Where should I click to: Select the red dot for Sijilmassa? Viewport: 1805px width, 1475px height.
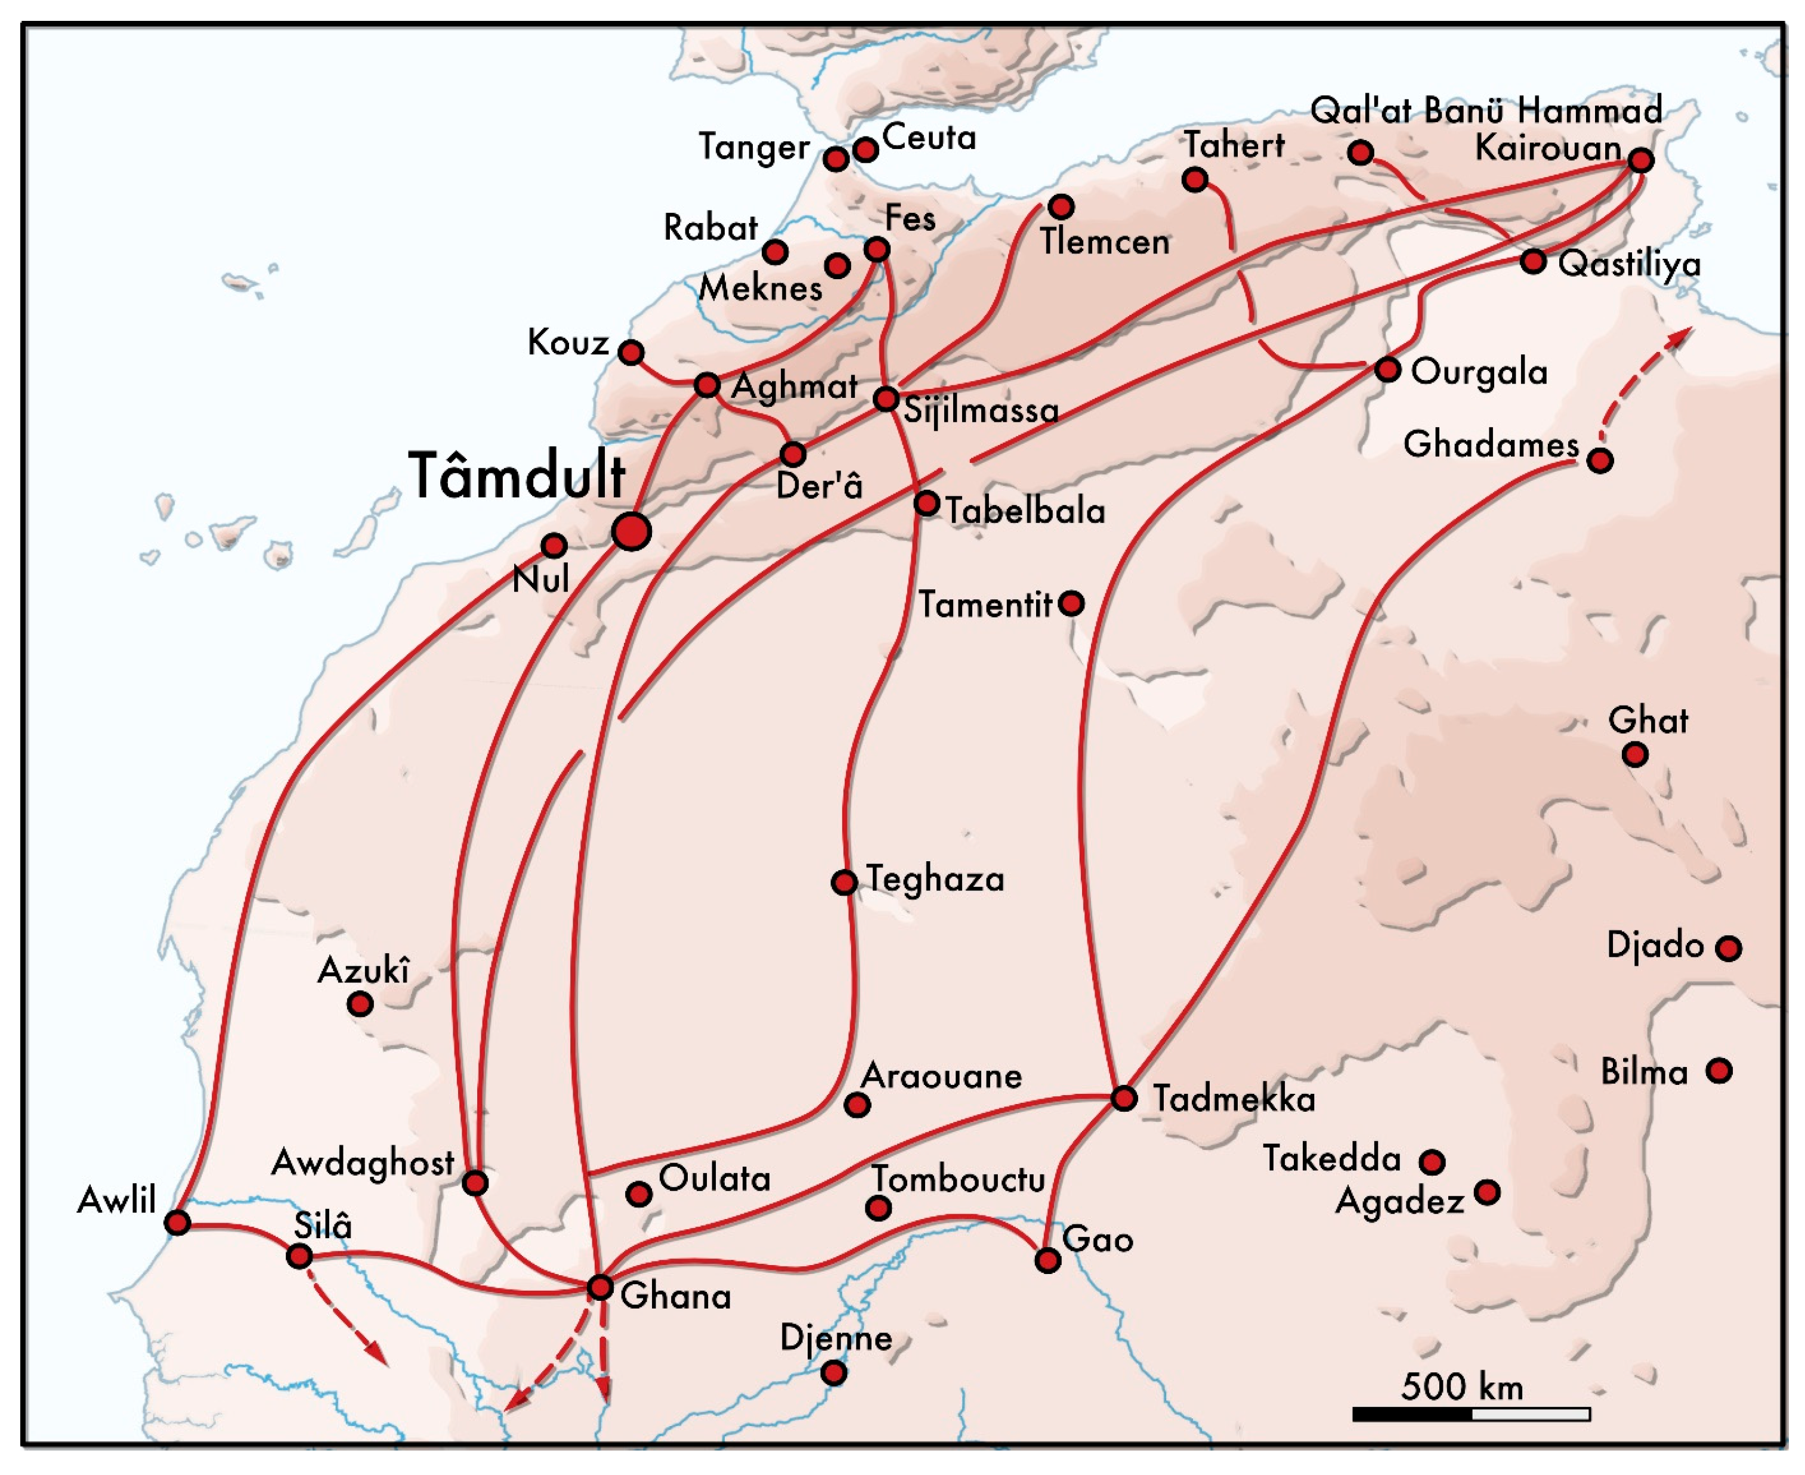click(x=886, y=398)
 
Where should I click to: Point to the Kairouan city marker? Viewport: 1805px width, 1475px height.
click(x=1640, y=160)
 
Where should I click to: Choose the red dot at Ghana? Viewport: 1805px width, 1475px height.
click(x=600, y=1287)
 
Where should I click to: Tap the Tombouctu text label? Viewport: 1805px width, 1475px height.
click(x=959, y=1179)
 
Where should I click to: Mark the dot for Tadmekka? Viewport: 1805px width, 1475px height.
click(x=1123, y=1099)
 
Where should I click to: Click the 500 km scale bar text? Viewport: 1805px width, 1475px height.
click(x=1461, y=1387)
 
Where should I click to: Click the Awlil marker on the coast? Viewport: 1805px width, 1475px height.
click(x=177, y=1223)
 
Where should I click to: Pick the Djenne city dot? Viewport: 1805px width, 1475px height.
click(x=834, y=1372)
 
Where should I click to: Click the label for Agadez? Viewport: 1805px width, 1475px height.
click(x=1399, y=1201)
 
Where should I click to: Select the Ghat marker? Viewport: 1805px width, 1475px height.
click(x=1635, y=754)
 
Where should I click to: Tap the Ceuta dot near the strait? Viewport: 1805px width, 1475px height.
click(x=865, y=150)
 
